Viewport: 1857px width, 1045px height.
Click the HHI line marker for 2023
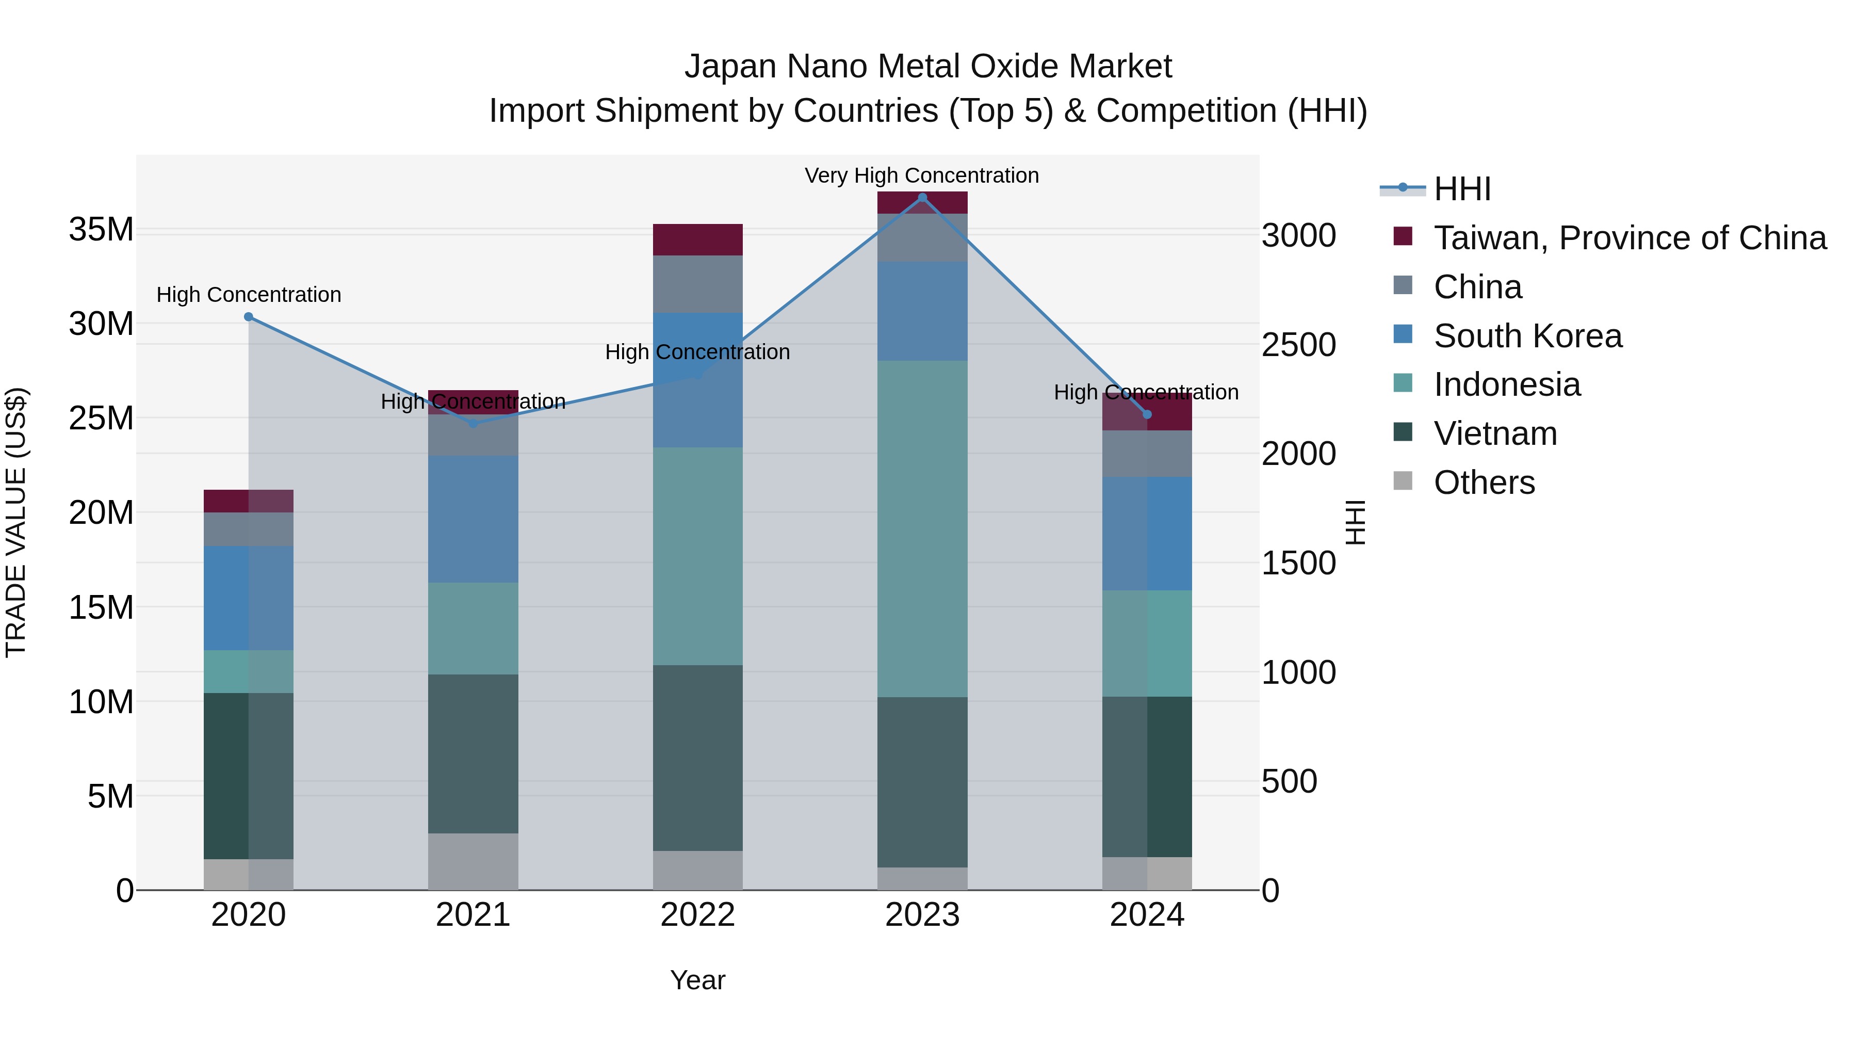coord(922,197)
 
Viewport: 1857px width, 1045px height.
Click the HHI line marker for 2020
coord(249,317)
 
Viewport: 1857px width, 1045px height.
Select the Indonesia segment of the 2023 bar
coord(922,528)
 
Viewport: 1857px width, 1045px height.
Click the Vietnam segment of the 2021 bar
coord(473,753)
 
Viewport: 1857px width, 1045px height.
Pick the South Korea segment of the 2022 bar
coord(697,380)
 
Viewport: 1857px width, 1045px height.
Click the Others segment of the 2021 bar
coord(473,861)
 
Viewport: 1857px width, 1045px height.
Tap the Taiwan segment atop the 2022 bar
coord(697,239)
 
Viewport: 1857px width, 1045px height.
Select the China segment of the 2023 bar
coord(922,237)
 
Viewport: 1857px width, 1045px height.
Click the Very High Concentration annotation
coord(921,175)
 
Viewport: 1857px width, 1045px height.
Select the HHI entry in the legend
coord(1461,189)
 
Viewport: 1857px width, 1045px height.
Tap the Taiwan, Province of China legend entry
coord(1629,238)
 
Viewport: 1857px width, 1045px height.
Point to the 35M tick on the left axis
coord(101,230)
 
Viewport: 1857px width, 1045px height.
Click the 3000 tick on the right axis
coord(1298,236)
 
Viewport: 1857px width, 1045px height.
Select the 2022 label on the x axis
coord(697,915)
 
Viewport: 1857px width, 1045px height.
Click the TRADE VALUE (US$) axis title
coord(16,522)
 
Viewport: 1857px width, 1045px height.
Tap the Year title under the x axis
coord(697,980)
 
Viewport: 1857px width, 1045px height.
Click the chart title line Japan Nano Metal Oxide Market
coord(928,67)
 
